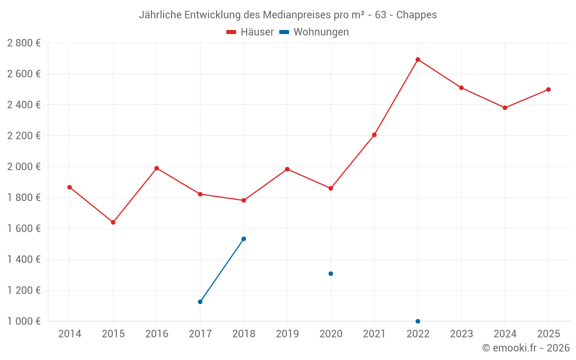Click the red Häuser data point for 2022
418,59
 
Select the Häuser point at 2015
113,222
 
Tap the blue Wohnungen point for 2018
244,239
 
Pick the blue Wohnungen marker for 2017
200,302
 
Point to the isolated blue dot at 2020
331,274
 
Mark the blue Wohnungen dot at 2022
418,321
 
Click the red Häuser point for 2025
548,89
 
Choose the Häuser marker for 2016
157,168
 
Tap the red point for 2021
374,135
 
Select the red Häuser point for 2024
505,108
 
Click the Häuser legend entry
250,32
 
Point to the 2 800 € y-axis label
24,43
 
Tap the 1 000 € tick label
24,321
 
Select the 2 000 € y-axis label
24,166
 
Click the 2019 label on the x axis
287,334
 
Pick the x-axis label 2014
70,334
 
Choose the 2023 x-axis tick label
461,334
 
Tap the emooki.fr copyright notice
525,348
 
